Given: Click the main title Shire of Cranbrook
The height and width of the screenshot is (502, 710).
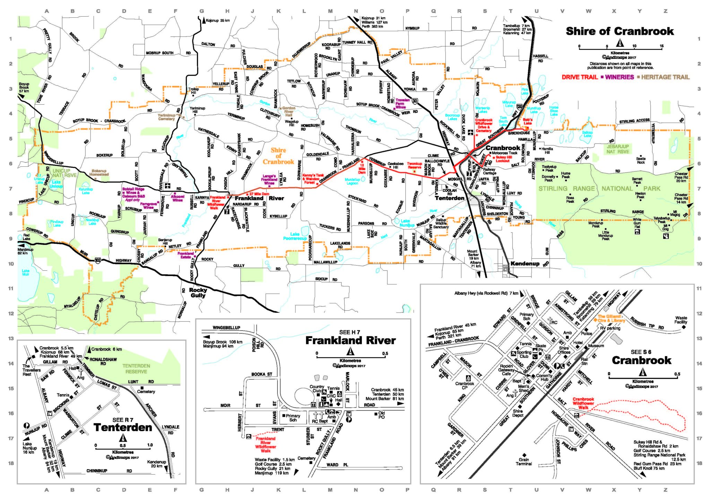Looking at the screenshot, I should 620,31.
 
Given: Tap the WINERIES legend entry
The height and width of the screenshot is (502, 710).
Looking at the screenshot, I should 619,77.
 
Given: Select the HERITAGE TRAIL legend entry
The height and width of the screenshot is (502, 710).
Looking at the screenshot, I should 665,77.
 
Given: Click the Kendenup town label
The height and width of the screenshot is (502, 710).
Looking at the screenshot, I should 525,263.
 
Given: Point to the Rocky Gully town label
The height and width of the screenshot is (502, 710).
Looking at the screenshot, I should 198,293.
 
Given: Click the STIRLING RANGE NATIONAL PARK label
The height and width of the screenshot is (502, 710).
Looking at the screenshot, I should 599,189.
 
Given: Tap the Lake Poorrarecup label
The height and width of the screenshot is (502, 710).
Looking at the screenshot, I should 295,236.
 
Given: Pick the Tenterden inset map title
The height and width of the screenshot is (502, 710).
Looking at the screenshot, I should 123,427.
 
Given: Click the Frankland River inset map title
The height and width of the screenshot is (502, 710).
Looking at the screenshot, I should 350,340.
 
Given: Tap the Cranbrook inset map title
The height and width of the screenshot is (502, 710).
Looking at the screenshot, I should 641,360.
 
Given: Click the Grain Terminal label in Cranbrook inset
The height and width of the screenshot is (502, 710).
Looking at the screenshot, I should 523,461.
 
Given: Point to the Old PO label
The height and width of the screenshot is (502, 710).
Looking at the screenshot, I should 381,415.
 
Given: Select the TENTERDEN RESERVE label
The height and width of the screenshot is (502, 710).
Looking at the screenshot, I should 136,369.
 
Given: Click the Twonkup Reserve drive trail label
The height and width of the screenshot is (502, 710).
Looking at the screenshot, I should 414,165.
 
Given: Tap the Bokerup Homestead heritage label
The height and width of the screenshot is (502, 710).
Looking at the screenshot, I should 99,172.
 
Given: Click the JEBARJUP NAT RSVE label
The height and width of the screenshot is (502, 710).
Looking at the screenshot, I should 617,149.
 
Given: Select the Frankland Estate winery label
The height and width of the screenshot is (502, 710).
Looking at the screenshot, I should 185,255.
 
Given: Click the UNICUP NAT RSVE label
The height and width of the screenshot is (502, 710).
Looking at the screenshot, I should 64,173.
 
